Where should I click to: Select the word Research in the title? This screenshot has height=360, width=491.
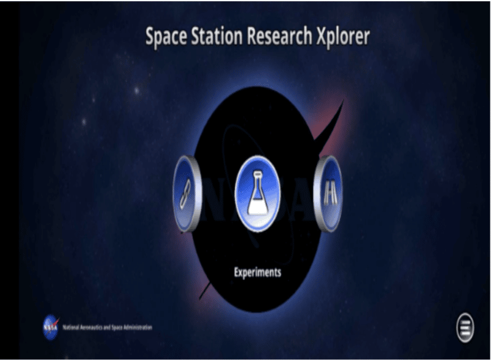click(x=279, y=37)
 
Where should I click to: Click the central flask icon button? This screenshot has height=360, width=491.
click(x=258, y=194)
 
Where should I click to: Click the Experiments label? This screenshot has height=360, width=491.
click(x=258, y=272)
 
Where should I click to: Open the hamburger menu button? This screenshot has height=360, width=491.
click(x=465, y=327)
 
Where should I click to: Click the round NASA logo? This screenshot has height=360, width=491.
click(x=51, y=327)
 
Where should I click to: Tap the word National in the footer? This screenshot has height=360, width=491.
click(x=71, y=327)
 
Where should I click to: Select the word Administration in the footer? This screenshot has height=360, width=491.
click(x=137, y=327)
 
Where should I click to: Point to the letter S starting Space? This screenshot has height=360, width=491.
click(x=151, y=37)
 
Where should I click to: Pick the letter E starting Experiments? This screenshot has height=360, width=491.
click(x=236, y=272)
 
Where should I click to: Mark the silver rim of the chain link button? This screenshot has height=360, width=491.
click(x=177, y=194)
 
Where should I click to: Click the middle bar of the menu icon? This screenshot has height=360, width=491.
click(x=465, y=327)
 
